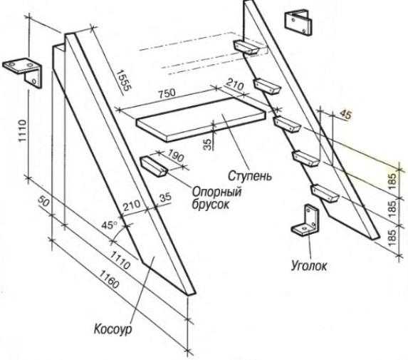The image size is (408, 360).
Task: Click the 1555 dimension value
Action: tap(122, 81)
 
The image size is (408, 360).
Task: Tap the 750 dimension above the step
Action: tap(167, 93)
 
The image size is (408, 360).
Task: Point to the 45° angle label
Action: tap(109, 225)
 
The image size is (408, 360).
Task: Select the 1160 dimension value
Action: tap(110, 279)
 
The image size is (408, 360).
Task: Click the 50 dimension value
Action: tap(43, 201)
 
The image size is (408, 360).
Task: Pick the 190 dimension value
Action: tap(175, 155)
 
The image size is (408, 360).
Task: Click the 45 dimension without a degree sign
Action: tap(345, 115)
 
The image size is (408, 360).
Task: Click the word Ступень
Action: tap(250, 176)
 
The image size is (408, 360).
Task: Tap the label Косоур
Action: tap(113, 329)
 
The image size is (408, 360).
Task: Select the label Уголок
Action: tap(309, 266)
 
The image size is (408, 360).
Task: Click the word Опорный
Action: tap(216, 192)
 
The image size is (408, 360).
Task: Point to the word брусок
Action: tap(211, 204)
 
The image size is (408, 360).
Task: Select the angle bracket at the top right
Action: tap(298, 23)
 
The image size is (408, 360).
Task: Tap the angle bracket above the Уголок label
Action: tap(305, 220)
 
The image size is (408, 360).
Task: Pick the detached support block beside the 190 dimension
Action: tap(154, 167)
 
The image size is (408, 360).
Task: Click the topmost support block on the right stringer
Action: tap(246, 47)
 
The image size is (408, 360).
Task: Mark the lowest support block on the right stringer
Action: tap(325, 193)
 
